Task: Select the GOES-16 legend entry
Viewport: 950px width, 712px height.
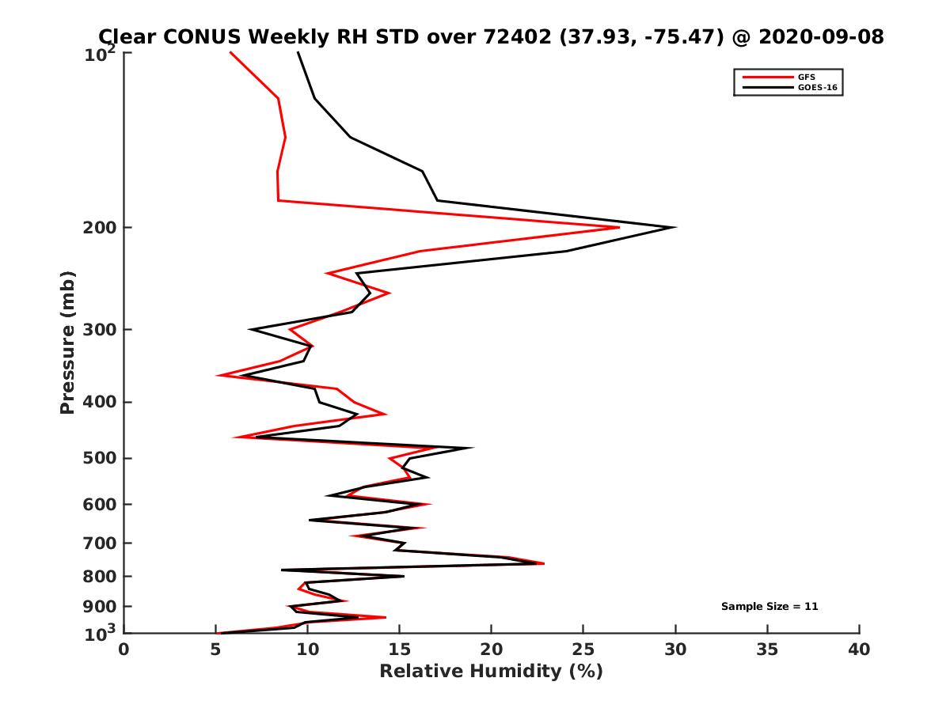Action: pyautogui.click(x=815, y=88)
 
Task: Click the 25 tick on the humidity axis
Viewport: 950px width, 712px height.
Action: pyautogui.click(x=583, y=650)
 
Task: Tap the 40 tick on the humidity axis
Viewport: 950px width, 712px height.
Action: pyautogui.click(x=859, y=650)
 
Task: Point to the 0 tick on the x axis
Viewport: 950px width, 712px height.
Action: pyautogui.click(x=124, y=650)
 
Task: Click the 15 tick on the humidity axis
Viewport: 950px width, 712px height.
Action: pyautogui.click(x=400, y=650)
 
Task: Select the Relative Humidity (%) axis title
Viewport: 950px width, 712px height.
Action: pyautogui.click(x=491, y=672)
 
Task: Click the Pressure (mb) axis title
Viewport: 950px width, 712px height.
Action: pyautogui.click(x=67, y=342)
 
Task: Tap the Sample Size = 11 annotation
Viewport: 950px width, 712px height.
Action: pyautogui.click(x=769, y=607)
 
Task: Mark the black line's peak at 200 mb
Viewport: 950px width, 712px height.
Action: pyautogui.click(x=674, y=228)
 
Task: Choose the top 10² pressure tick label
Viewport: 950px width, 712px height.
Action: pyautogui.click(x=101, y=55)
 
